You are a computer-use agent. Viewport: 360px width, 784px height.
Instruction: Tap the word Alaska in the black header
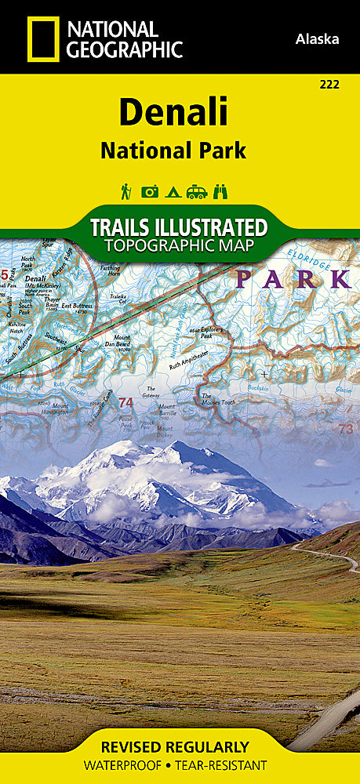pos(318,38)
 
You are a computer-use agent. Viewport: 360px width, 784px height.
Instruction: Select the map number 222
pos(330,84)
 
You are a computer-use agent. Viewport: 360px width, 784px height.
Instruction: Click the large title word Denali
pos(173,112)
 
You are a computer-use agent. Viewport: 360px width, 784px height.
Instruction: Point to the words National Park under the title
pos(173,151)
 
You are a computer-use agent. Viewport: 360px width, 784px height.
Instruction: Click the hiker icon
pos(125,191)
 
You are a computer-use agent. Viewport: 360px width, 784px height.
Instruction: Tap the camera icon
pos(149,191)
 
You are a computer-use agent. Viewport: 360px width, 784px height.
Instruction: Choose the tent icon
pos(173,191)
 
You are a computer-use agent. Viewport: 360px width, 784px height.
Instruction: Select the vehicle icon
pos(196,191)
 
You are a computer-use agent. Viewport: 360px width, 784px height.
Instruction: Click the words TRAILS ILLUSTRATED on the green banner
pos(179,228)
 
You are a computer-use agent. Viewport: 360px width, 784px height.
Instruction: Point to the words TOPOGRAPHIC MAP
pos(179,246)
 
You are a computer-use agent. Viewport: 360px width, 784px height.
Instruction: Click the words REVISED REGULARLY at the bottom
pos(180,746)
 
